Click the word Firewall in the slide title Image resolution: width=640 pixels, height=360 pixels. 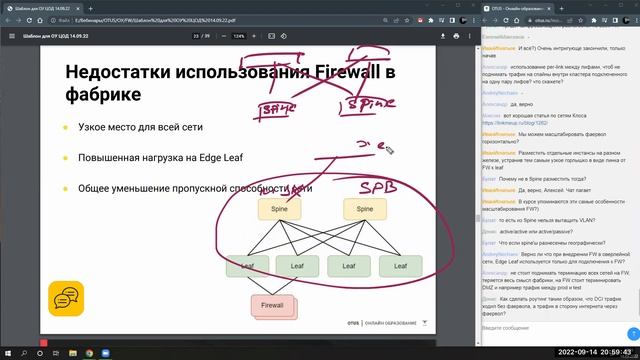pos(329,72)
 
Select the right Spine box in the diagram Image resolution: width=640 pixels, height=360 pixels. pos(364,209)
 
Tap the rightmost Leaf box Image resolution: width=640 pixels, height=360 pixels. pos(400,266)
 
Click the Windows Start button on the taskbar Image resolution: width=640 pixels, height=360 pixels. pos(8,352)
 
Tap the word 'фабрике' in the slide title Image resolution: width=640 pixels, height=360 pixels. pos(105,96)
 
